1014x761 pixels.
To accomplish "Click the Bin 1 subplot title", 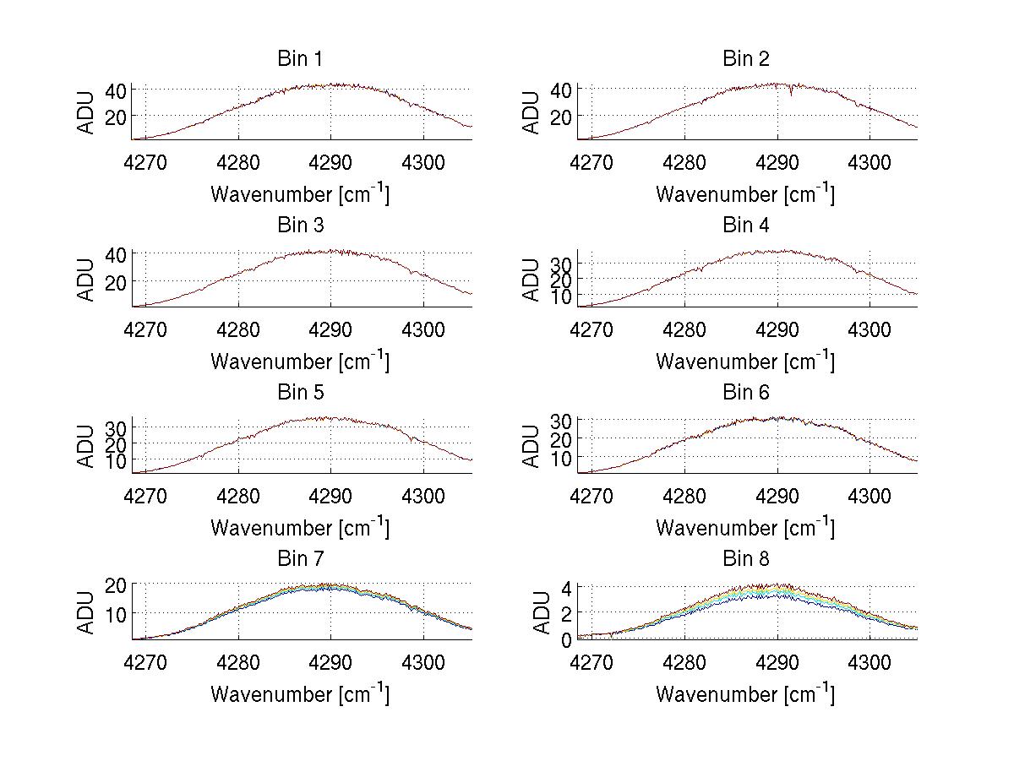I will (300, 58).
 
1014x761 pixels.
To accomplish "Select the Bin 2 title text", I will (745, 58).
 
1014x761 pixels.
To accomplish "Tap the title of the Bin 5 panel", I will (300, 392).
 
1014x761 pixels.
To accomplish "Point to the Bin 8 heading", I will (745, 558).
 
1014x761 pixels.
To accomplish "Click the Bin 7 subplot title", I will (300, 558).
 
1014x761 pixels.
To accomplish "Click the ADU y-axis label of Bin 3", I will (86, 279).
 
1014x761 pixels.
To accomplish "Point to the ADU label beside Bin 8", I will (531, 612).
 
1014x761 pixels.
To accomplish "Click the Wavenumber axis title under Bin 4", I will (744, 361).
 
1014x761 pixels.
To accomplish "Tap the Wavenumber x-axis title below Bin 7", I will (299, 694).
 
